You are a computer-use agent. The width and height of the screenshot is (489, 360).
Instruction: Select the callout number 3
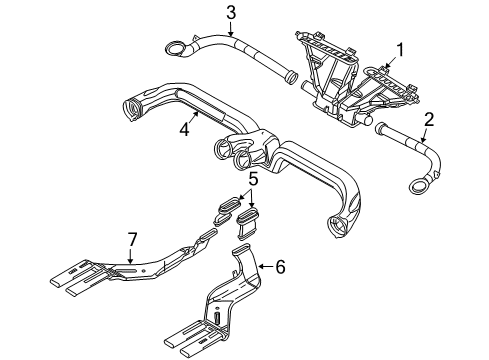click(x=230, y=13)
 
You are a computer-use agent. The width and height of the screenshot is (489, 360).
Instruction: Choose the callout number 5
click(x=254, y=180)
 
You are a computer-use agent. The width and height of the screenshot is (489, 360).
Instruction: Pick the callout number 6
click(x=280, y=266)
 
